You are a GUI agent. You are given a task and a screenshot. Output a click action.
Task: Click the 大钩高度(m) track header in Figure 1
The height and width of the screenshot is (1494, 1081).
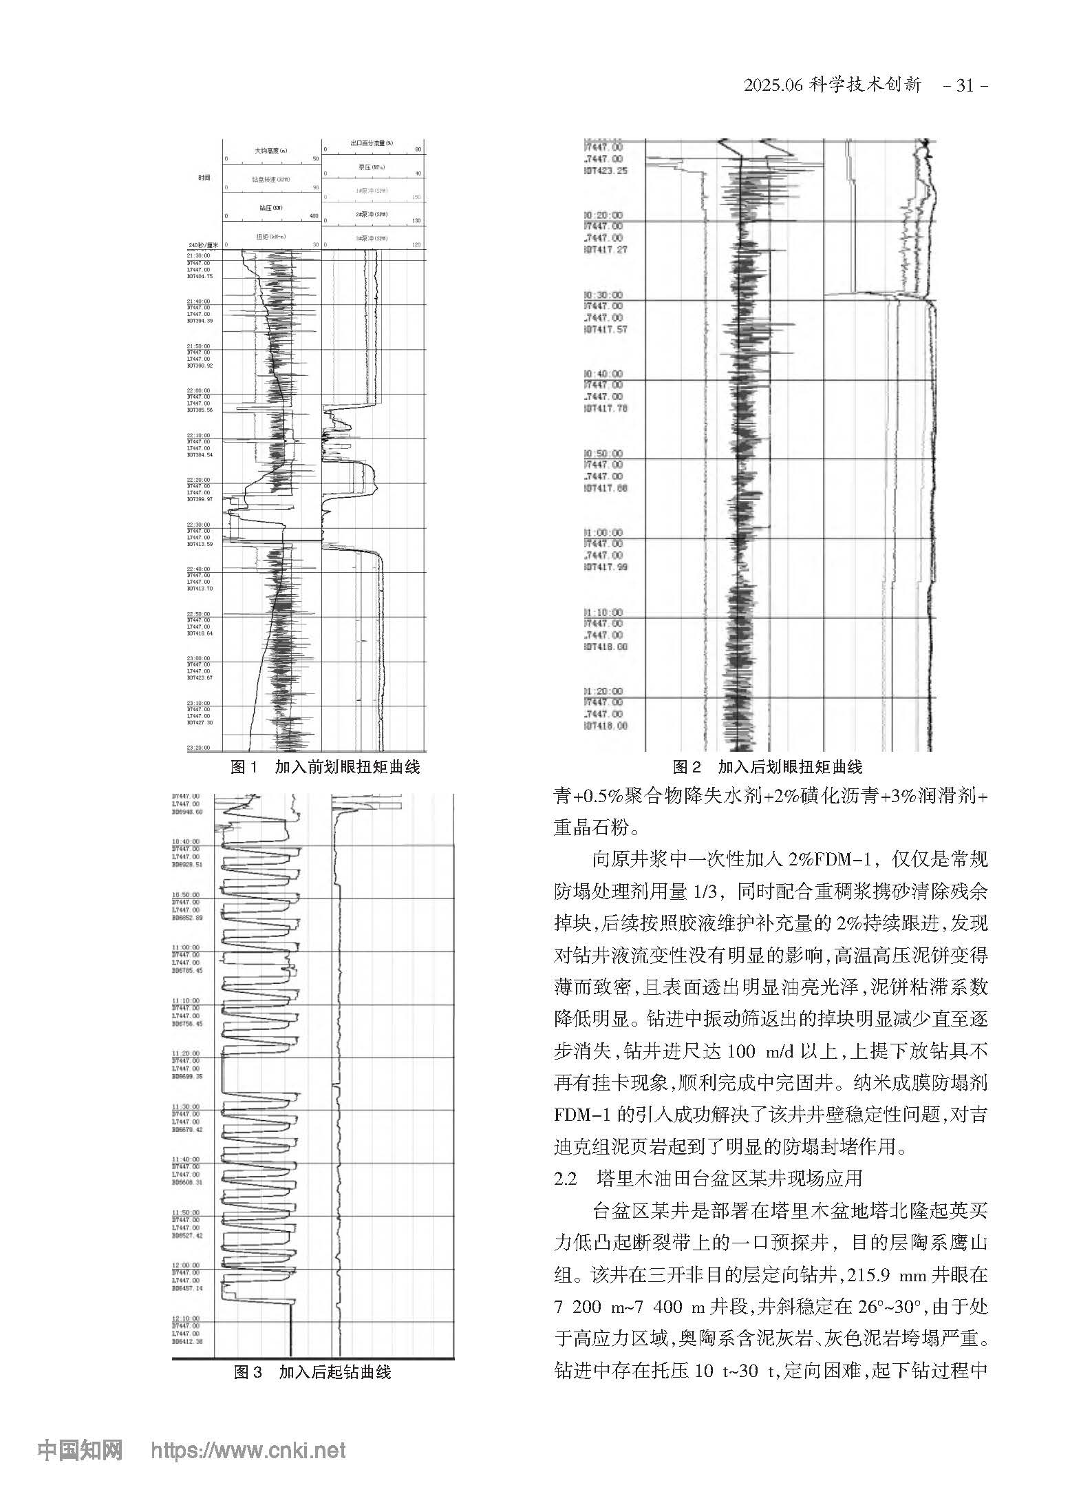pyautogui.click(x=270, y=150)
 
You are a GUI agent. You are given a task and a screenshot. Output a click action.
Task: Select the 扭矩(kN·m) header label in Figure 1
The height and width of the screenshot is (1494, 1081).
pyautogui.click(x=270, y=237)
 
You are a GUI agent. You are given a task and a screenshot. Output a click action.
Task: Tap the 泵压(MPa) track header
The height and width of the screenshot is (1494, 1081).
pyautogui.click(x=372, y=167)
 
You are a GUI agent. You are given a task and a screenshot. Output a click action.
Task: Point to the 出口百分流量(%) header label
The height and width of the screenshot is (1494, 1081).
pyautogui.click(x=372, y=143)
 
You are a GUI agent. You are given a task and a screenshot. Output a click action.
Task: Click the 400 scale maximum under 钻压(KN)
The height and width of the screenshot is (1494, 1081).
pyautogui.click(x=314, y=216)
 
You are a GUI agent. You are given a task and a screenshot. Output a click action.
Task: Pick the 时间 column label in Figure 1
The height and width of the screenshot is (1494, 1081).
pyautogui.click(x=204, y=178)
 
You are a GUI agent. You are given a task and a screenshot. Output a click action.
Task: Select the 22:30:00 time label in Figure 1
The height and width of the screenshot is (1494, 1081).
pyautogui.click(x=199, y=525)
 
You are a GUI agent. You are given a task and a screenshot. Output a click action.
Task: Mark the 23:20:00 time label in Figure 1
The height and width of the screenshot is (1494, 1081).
pyautogui.click(x=199, y=748)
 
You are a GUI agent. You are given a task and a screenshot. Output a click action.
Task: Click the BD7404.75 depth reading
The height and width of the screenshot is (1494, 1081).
pyautogui.click(x=200, y=276)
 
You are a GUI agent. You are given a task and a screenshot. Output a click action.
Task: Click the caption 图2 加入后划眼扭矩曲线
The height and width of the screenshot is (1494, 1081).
pyautogui.click(x=767, y=766)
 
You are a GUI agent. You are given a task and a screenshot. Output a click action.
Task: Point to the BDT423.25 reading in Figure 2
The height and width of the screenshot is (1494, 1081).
pyautogui.click(x=606, y=171)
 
